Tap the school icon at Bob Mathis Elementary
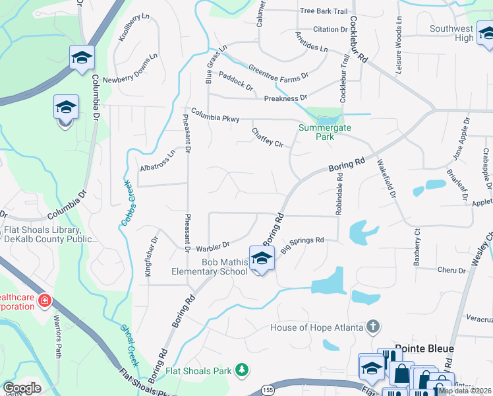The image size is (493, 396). coord(262,259)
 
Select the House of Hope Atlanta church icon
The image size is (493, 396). coord(373,327)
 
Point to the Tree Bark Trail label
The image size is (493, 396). coord(323,11)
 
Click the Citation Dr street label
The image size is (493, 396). coord(330,30)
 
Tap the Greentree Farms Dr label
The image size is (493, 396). coord(278,73)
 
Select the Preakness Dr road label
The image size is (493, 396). coord(286,98)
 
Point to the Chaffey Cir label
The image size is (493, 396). coord(267,137)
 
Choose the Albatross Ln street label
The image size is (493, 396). coord(158,161)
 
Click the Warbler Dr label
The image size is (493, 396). coord(212,247)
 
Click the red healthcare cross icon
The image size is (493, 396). coord(45,302)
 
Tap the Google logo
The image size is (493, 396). coord(22,387)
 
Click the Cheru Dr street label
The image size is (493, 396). coord(451,270)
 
